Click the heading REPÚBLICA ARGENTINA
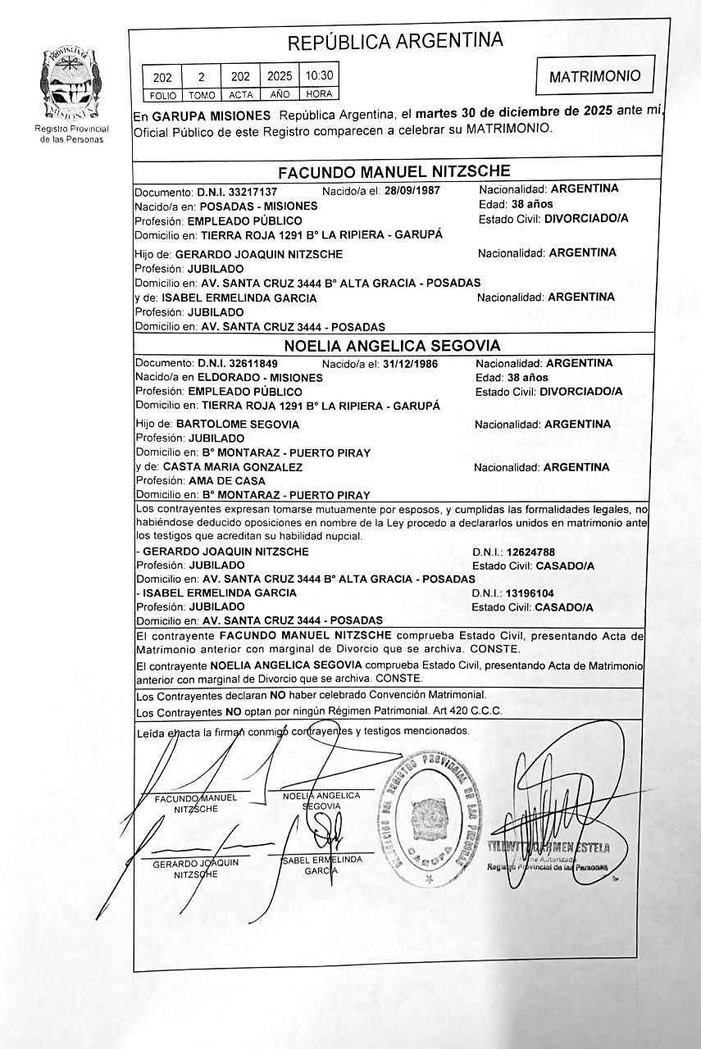coord(395,41)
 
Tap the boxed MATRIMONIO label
coord(594,76)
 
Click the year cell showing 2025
coord(279,77)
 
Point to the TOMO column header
coord(201,95)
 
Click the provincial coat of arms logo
coord(71,84)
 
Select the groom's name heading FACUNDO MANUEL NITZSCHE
coord(394,172)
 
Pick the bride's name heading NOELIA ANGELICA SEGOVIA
coord(392,346)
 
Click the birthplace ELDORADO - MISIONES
coord(260,378)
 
